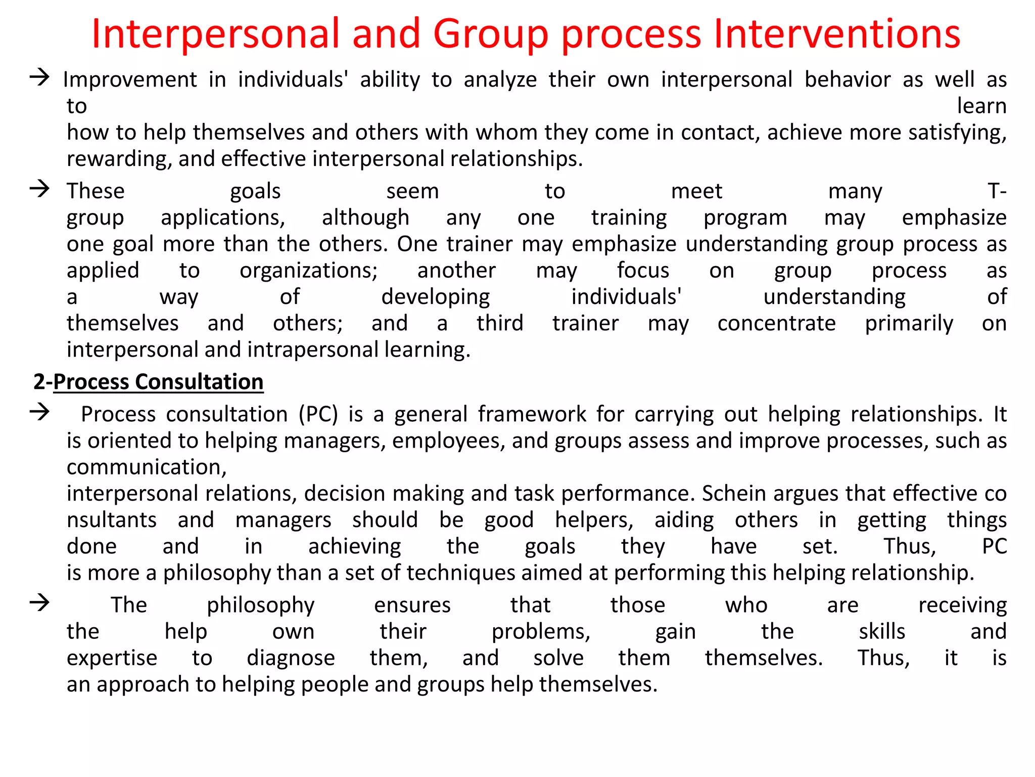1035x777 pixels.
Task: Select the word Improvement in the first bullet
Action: click(x=130, y=80)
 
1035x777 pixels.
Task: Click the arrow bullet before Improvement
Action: click(x=39, y=77)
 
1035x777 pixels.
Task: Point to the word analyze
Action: click(x=500, y=80)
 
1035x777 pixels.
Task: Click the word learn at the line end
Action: click(x=981, y=106)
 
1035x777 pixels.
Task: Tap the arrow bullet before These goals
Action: click(x=39, y=189)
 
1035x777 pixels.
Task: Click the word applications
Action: click(x=223, y=218)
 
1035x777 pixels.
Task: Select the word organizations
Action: click(x=308, y=271)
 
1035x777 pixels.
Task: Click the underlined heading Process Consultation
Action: click(x=158, y=382)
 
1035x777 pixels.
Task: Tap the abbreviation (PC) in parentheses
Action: click(x=318, y=414)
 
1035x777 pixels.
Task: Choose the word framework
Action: click(x=532, y=414)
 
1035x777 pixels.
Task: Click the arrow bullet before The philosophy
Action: click(x=39, y=602)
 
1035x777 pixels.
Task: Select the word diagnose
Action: click(x=291, y=658)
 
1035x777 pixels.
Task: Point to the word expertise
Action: click(x=112, y=658)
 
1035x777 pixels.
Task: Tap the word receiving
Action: click(x=962, y=606)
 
